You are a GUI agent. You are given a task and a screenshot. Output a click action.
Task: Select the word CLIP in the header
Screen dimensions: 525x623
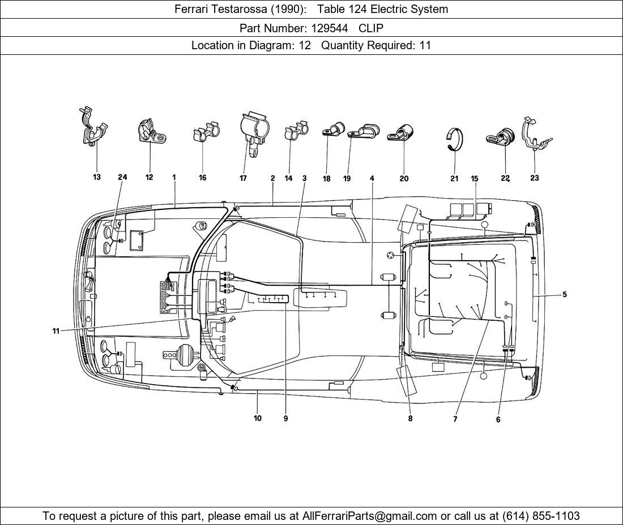371,27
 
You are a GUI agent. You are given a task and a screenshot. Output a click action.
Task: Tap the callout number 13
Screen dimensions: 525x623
97,178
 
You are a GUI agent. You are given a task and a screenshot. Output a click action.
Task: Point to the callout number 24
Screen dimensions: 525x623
122,177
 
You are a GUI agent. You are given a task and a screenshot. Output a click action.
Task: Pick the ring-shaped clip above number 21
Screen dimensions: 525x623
455,140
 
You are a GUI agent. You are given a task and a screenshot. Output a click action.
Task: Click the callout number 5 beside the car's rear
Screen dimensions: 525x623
564,294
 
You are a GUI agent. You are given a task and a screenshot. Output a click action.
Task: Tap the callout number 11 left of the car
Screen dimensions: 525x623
56,331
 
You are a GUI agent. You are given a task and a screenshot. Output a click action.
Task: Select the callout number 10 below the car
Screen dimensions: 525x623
258,419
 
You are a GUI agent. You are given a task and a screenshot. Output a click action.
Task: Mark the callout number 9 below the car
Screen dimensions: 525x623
285,419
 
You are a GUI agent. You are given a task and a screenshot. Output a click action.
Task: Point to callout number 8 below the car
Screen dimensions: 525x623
410,419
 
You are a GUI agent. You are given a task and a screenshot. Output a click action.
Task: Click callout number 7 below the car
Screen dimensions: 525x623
455,419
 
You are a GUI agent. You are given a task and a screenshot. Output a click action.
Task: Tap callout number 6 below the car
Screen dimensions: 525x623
498,420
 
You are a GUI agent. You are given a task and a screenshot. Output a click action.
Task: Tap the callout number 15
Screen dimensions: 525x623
475,179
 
